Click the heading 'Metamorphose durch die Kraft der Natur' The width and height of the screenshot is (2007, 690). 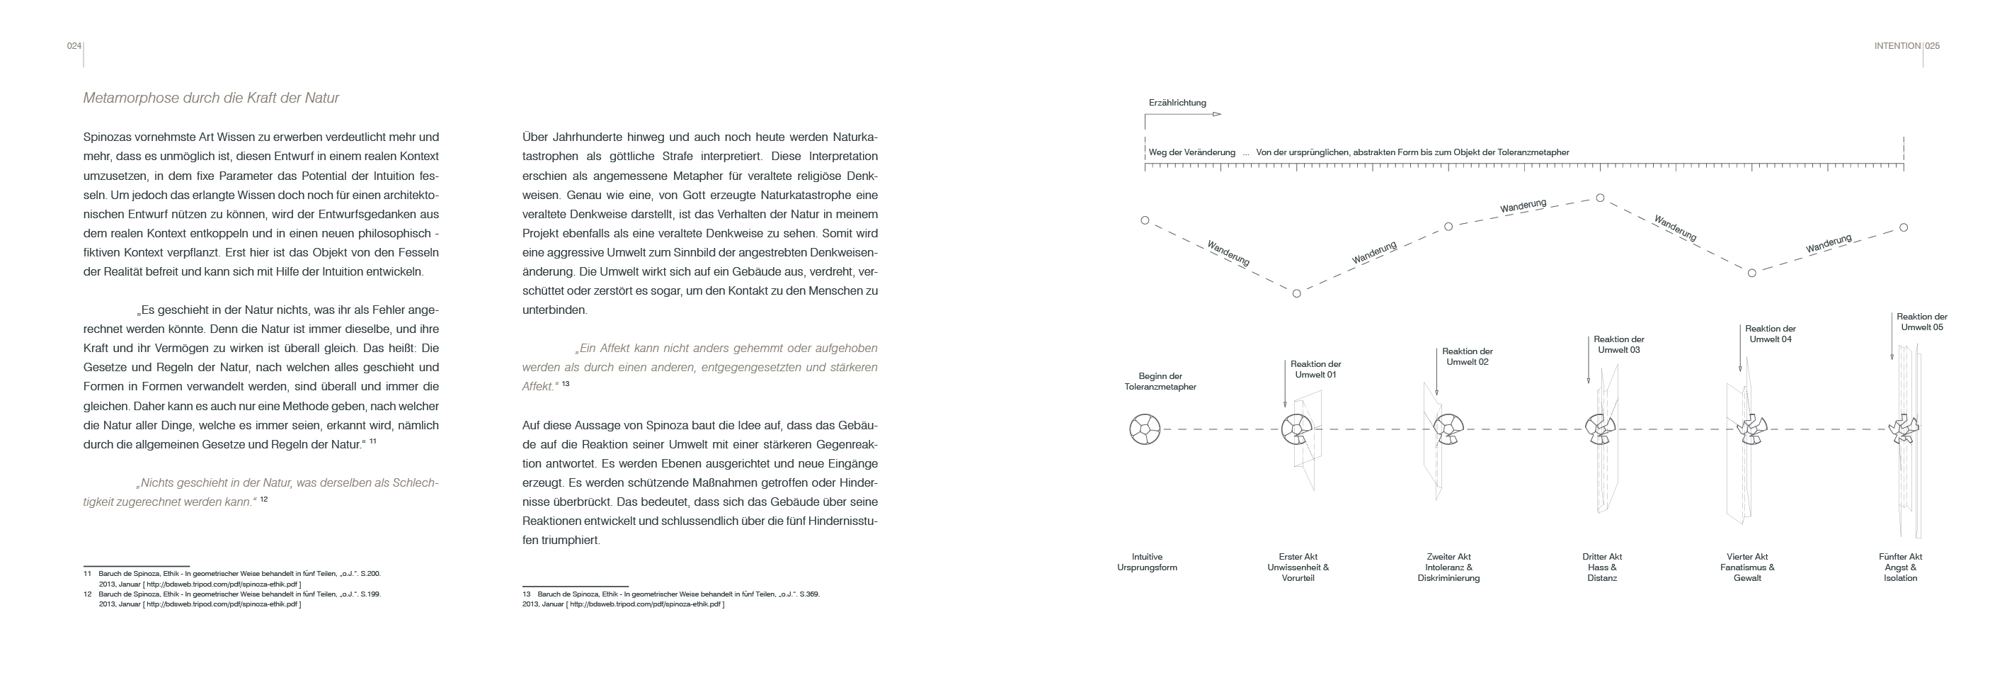point(210,98)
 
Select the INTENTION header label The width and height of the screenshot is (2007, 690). point(1897,46)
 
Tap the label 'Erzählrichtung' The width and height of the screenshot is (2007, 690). point(1177,103)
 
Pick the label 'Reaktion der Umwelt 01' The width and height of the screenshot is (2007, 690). point(1315,370)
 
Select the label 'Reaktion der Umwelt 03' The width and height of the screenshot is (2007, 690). point(1618,344)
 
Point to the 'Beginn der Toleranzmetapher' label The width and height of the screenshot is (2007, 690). point(1160,381)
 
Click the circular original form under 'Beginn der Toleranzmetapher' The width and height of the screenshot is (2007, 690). point(1145,429)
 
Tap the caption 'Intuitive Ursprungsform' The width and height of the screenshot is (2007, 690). point(1147,562)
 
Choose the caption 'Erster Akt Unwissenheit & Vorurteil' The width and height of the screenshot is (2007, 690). point(1298,567)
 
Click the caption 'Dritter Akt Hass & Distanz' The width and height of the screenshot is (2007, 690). point(1602,567)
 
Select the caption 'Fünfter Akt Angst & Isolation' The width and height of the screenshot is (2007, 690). point(1900,567)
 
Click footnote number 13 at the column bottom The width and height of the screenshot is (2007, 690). point(526,594)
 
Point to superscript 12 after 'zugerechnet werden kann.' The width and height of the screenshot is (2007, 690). point(264,499)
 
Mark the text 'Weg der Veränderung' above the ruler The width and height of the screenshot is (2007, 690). point(1191,153)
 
